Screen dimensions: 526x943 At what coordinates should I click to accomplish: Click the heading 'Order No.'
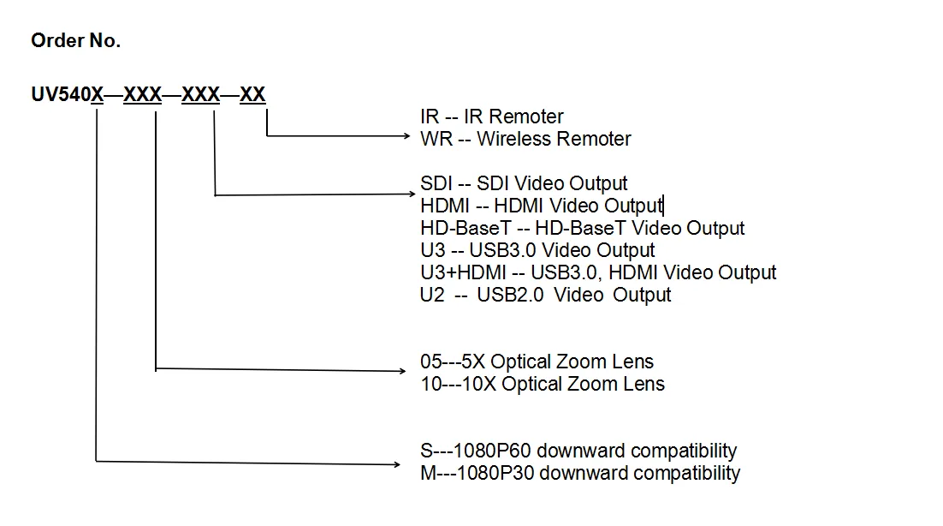coord(75,41)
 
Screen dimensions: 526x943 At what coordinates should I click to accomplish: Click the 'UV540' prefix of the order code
coord(61,95)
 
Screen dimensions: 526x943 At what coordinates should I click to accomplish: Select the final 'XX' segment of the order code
coord(252,95)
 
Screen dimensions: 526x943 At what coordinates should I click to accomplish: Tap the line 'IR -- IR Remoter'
coord(492,117)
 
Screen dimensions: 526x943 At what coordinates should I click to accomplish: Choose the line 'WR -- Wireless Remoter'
coord(525,139)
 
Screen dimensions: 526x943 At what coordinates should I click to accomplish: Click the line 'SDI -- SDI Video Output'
coord(524,183)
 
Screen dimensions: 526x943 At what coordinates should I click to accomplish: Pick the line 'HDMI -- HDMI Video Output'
coord(541,206)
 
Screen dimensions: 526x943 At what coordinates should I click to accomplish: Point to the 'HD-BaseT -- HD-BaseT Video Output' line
coord(583,228)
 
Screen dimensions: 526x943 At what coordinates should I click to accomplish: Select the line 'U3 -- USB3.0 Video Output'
coord(537,250)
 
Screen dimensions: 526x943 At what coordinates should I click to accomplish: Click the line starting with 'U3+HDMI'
coord(598,272)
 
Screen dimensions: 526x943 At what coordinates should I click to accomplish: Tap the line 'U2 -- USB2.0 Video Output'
coord(546,295)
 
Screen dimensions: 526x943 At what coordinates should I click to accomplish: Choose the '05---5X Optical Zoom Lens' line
coord(537,362)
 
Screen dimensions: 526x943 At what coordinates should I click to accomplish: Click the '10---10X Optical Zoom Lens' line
coord(543,384)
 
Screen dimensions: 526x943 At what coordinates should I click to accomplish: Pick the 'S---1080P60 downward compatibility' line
coord(578,451)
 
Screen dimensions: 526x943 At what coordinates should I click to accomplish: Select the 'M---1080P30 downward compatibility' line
coord(580,473)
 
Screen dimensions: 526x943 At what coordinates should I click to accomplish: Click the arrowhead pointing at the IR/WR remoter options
coord(406,135)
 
